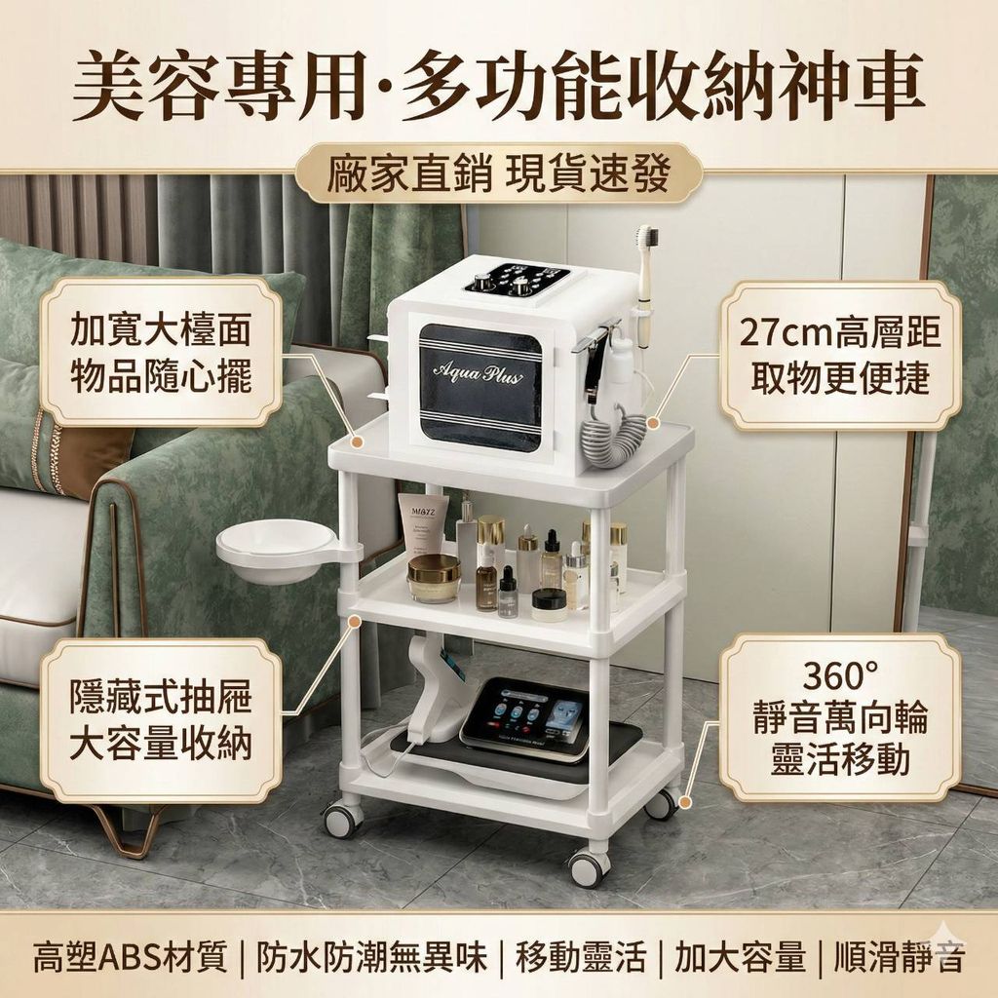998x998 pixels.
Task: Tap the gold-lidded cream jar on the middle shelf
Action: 434,578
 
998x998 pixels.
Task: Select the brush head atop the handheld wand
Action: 647,238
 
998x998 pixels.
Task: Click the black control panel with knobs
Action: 517,278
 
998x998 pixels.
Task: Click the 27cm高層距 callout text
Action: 839,331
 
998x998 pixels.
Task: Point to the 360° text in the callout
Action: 839,676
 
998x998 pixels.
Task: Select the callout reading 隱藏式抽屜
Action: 161,696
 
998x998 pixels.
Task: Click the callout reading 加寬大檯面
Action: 161,328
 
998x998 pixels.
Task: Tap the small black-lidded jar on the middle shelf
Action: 550,604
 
